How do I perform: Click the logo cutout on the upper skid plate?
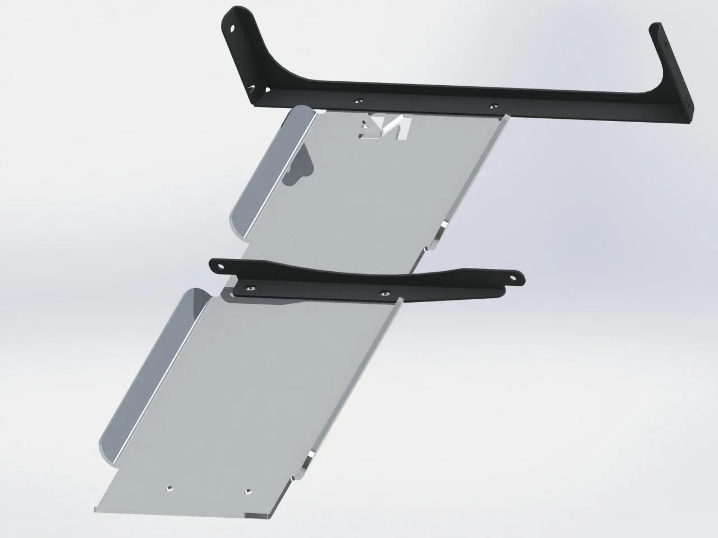point(386,127)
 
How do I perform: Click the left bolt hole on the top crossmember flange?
point(358,101)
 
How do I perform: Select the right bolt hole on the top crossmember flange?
point(493,106)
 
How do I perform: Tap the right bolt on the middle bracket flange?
point(384,293)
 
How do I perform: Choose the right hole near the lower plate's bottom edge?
point(247,491)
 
